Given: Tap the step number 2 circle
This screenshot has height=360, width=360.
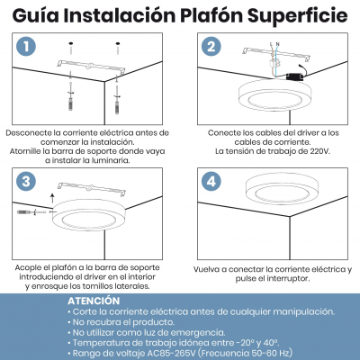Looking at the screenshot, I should [x=211, y=48].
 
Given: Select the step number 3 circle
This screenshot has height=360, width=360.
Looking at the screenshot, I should [x=27, y=180].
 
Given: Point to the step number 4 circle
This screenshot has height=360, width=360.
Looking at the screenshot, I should [x=211, y=180].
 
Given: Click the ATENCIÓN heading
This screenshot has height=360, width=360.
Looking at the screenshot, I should [x=94, y=301].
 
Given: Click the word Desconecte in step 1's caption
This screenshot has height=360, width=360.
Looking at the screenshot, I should [x=35, y=133].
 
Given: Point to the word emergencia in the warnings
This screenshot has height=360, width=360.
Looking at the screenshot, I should [x=193, y=332].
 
